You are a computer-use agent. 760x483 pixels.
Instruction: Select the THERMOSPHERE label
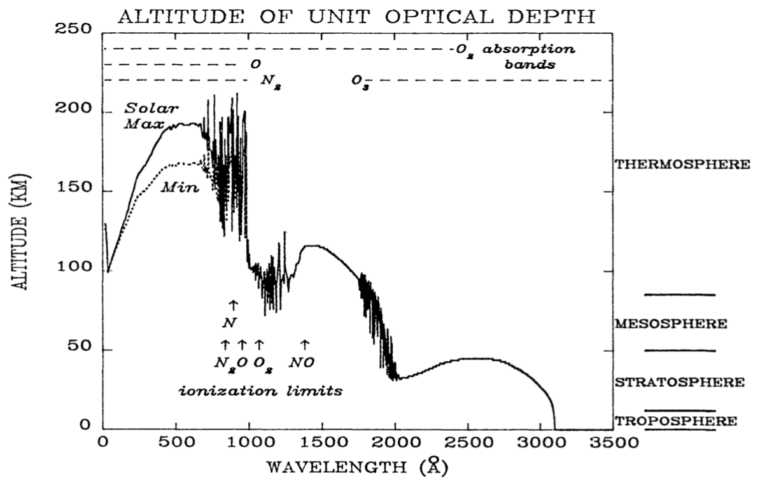click(682, 164)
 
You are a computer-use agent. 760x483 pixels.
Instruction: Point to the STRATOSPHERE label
click(679, 382)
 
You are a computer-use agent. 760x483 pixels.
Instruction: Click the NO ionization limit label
click(304, 363)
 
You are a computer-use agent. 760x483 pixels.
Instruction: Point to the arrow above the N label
click(232, 305)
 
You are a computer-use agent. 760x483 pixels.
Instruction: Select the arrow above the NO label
click(304, 344)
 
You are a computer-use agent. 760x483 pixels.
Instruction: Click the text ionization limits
click(260, 391)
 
